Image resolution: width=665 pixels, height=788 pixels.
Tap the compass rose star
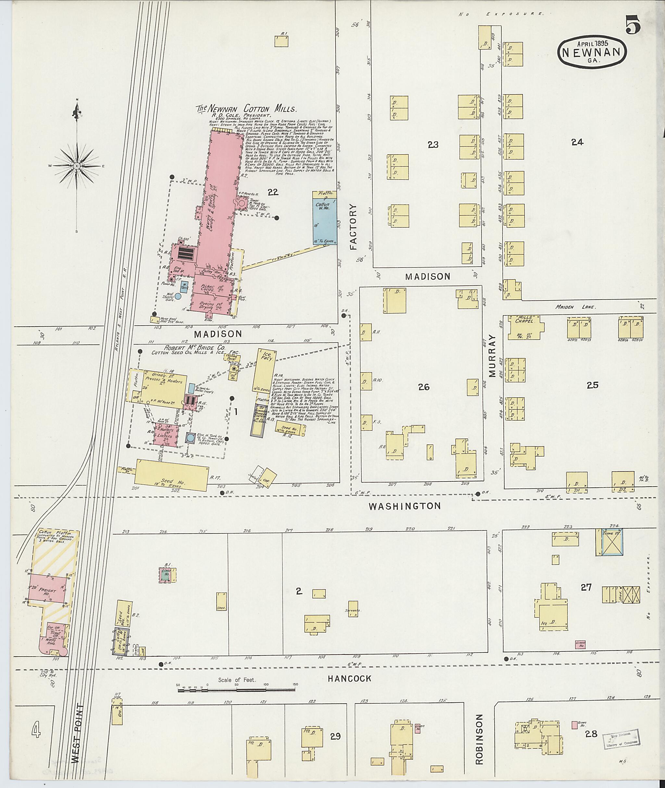point(77,166)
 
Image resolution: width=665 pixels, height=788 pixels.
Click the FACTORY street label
point(353,227)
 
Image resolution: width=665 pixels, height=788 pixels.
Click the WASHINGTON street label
point(405,506)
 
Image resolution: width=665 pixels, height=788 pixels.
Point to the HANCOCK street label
point(349,678)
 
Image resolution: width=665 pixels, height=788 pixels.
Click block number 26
point(424,387)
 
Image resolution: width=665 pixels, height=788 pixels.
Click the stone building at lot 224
point(609,542)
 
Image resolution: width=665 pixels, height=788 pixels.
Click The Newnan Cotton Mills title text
point(246,109)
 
